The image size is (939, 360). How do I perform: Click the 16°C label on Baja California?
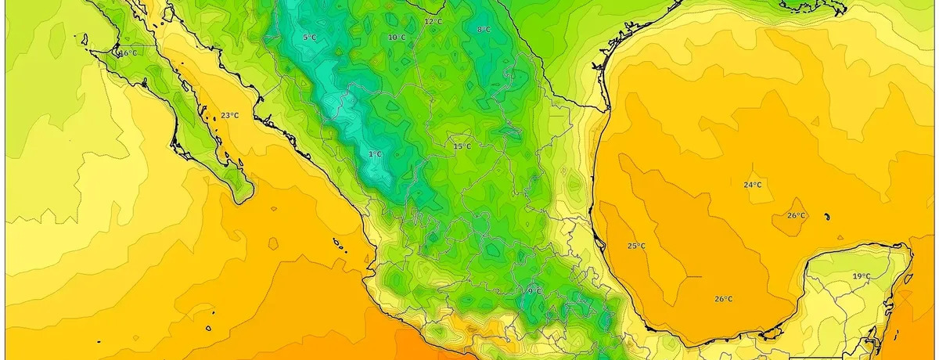[128, 53]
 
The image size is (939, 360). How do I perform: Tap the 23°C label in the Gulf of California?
[229, 115]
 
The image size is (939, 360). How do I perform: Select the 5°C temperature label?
[309, 37]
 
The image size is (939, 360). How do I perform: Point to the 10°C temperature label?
[397, 37]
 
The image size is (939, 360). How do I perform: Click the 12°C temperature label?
[433, 21]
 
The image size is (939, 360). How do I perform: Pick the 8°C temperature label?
[484, 30]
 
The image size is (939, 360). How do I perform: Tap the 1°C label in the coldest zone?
[375, 154]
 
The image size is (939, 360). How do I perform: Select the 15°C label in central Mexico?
[462, 146]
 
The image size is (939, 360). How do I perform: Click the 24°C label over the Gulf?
[752, 185]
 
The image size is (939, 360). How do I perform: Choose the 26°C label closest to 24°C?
[796, 215]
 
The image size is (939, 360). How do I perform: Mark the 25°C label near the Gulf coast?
[636, 246]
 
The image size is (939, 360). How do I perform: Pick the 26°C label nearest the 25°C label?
[724, 299]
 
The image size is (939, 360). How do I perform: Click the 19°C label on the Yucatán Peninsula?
[862, 276]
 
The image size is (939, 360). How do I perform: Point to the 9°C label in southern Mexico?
[534, 291]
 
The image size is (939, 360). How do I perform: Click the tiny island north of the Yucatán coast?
[826, 217]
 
